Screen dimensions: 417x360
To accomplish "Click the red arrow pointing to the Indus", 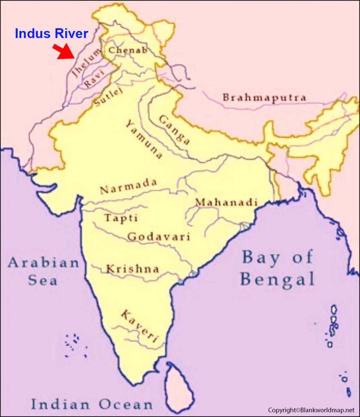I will (x=64, y=52).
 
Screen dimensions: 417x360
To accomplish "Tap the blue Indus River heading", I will (x=51, y=34).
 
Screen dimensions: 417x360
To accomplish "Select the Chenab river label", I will (x=127, y=50).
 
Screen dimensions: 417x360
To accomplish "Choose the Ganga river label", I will (x=174, y=130).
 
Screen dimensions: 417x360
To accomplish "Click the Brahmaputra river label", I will (x=264, y=98).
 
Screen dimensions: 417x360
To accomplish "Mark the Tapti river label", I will (x=121, y=218).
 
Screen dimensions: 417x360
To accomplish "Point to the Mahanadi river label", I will (x=226, y=202).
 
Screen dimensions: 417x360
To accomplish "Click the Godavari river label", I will (x=159, y=237).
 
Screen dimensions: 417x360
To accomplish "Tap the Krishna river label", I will (x=132, y=269).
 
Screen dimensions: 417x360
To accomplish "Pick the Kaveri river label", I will (x=139, y=326).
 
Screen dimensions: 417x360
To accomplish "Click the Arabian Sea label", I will (x=43, y=271).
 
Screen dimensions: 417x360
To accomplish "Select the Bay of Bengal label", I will (x=278, y=268).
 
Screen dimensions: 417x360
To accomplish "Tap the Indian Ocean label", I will (x=92, y=404).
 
